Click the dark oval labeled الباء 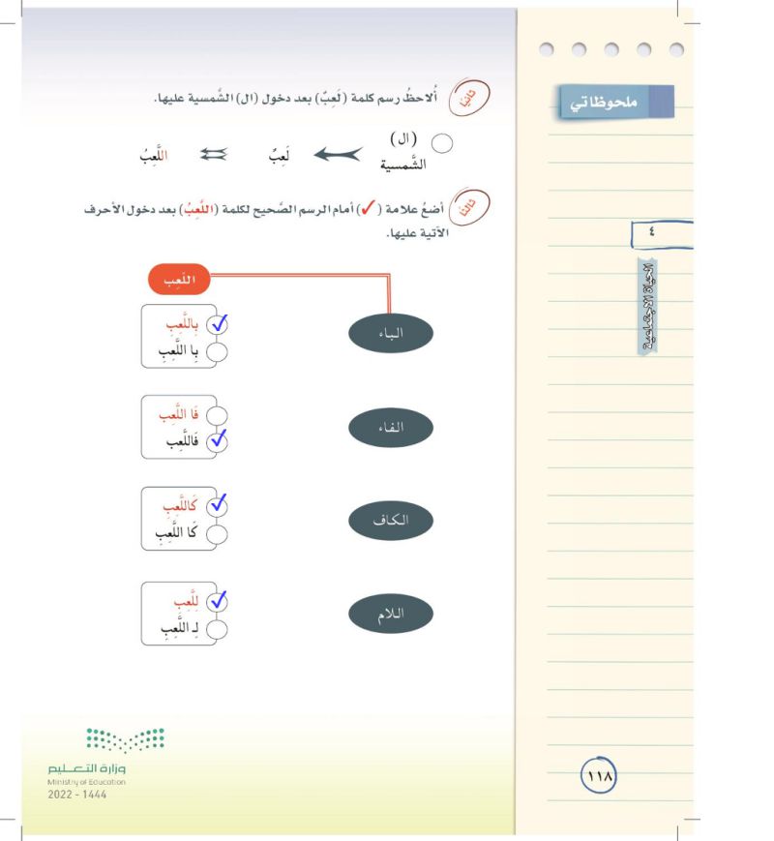(390, 334)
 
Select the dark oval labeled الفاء (390, 427)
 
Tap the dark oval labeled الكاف (390, 520)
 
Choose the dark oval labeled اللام (390, 614)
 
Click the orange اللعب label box (179, 281)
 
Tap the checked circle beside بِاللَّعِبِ (219, 324)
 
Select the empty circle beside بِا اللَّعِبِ (219, 351)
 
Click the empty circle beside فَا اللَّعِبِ (219, 415)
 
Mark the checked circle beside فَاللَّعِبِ (219, 441)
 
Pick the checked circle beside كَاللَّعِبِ (219, 505)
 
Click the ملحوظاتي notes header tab (616, 103)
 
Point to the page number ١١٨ (601, 775)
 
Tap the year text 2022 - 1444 (77, 795)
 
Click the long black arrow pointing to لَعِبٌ (331, 153)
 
